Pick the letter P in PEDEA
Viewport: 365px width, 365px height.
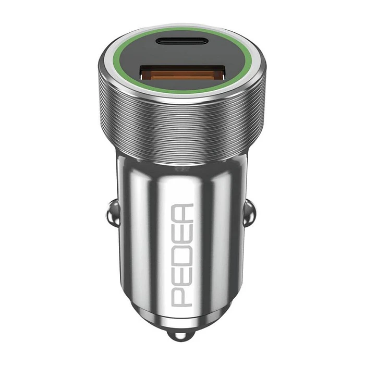183,295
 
